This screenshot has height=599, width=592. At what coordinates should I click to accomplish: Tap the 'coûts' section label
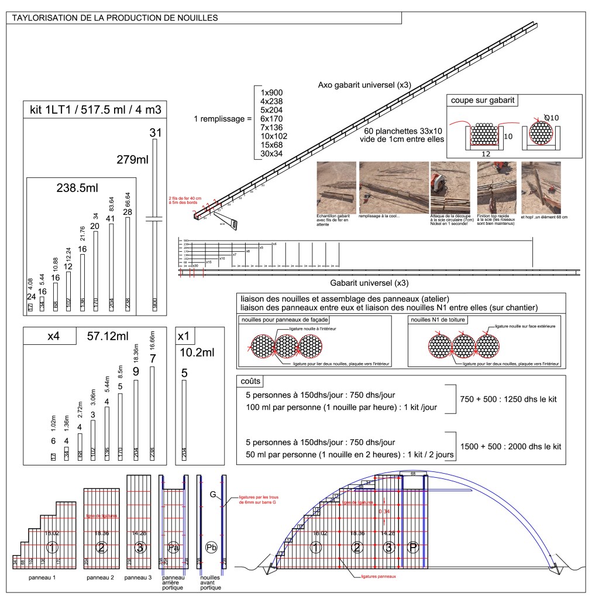(251, 381)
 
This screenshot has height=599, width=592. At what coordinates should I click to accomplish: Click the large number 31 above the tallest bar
(155, 134)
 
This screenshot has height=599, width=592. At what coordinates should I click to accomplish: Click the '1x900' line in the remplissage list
(272, 93)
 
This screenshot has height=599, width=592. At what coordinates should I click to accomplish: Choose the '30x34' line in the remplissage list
(272, 154)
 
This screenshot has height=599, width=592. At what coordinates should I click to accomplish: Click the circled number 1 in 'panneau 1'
(53, 548)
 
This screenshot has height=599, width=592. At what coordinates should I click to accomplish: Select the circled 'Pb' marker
(212, 548)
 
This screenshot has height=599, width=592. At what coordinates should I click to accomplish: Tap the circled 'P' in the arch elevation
(414, 548)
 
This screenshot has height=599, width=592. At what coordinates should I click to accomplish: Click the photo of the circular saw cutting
(451, 186)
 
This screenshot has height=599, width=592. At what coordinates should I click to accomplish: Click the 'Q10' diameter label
(550, 118)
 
